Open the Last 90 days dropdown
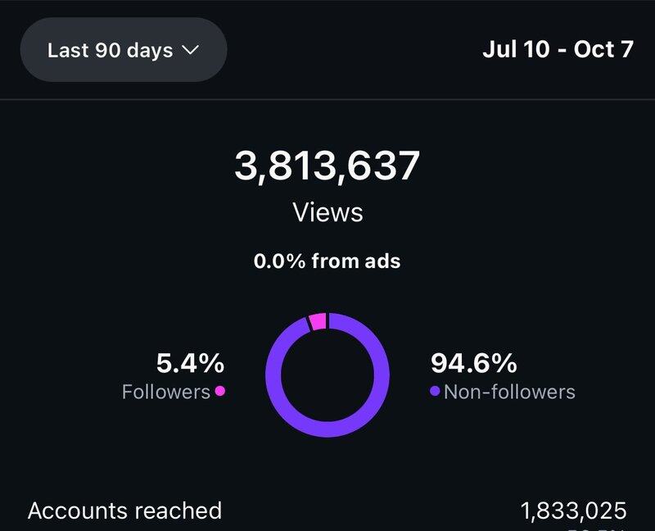[123, 50]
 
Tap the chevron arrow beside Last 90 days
[189, 50]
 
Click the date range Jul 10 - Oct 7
[558, 49]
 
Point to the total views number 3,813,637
[327, 166]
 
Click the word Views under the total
[327, 213]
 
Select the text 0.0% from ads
[327, 261]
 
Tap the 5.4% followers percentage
[190, 362]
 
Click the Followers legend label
[166, 392]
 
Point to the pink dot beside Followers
[219, 392]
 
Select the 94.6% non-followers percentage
[473, 362]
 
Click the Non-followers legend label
[509, 392]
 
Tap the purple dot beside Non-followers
[435, 392]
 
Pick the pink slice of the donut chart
[318, 321]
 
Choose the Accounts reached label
[124, 511]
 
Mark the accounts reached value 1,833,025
[573, 511]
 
